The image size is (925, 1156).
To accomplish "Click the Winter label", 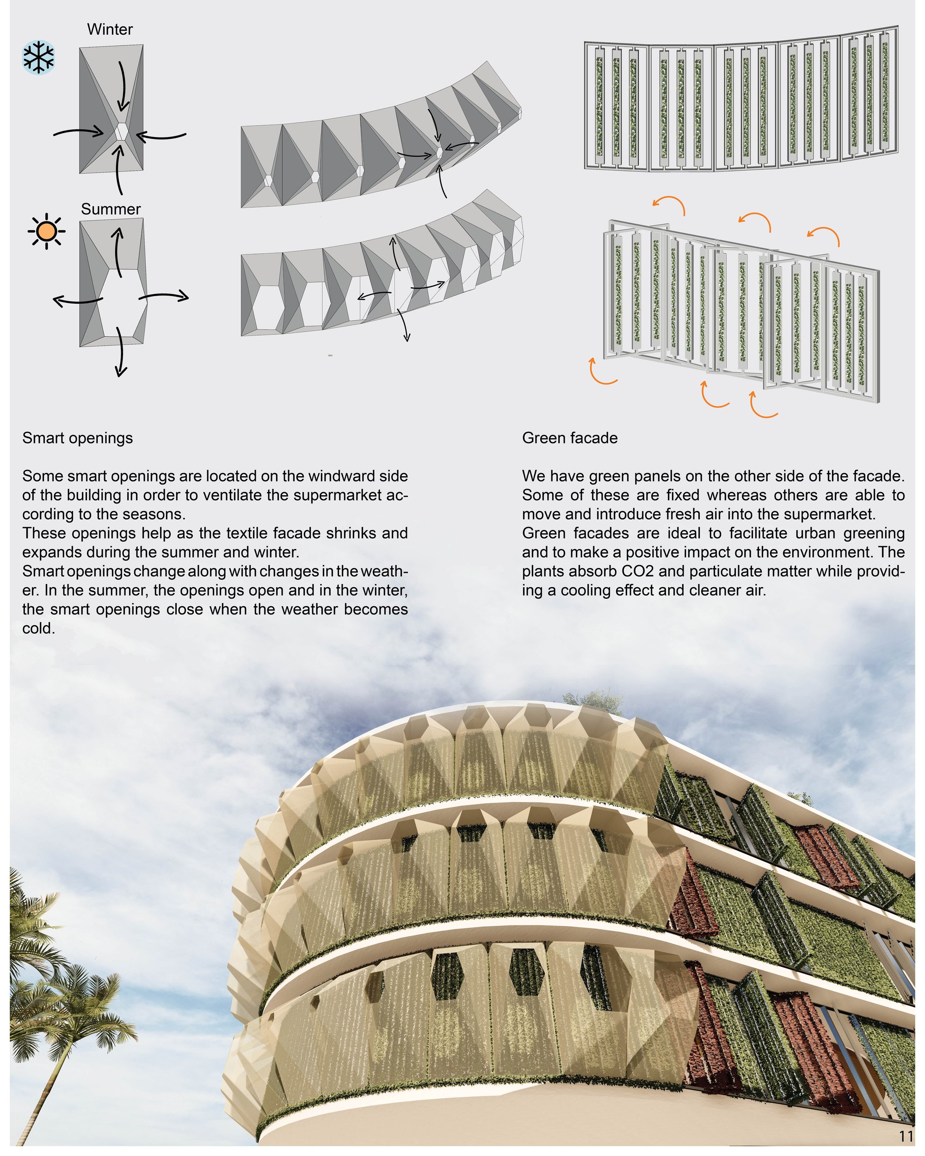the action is pyautogui.click(x=110, y=29).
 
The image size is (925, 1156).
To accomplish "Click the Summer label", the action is pyautogui.click(x=111, y=209).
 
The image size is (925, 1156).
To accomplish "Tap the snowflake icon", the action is pyautogui.click(x=38, y=58).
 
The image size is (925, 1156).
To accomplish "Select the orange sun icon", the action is pyautogui.click(x=47, y=232).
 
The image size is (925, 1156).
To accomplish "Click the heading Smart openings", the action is pyautogui.click(x=78, y=438).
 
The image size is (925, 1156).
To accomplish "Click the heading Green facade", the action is pyautogui.click(x=569, y=438).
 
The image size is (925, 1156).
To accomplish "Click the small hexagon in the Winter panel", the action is pyautogui.click(x=122, y=131).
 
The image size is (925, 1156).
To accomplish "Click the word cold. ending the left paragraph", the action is pyautogui.click(x=38, y=628).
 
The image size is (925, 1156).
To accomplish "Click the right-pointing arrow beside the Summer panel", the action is pyautogui.click(x=164, y=295).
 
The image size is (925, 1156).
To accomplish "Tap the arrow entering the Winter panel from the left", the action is pyautogui.click(x=79, y=131).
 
